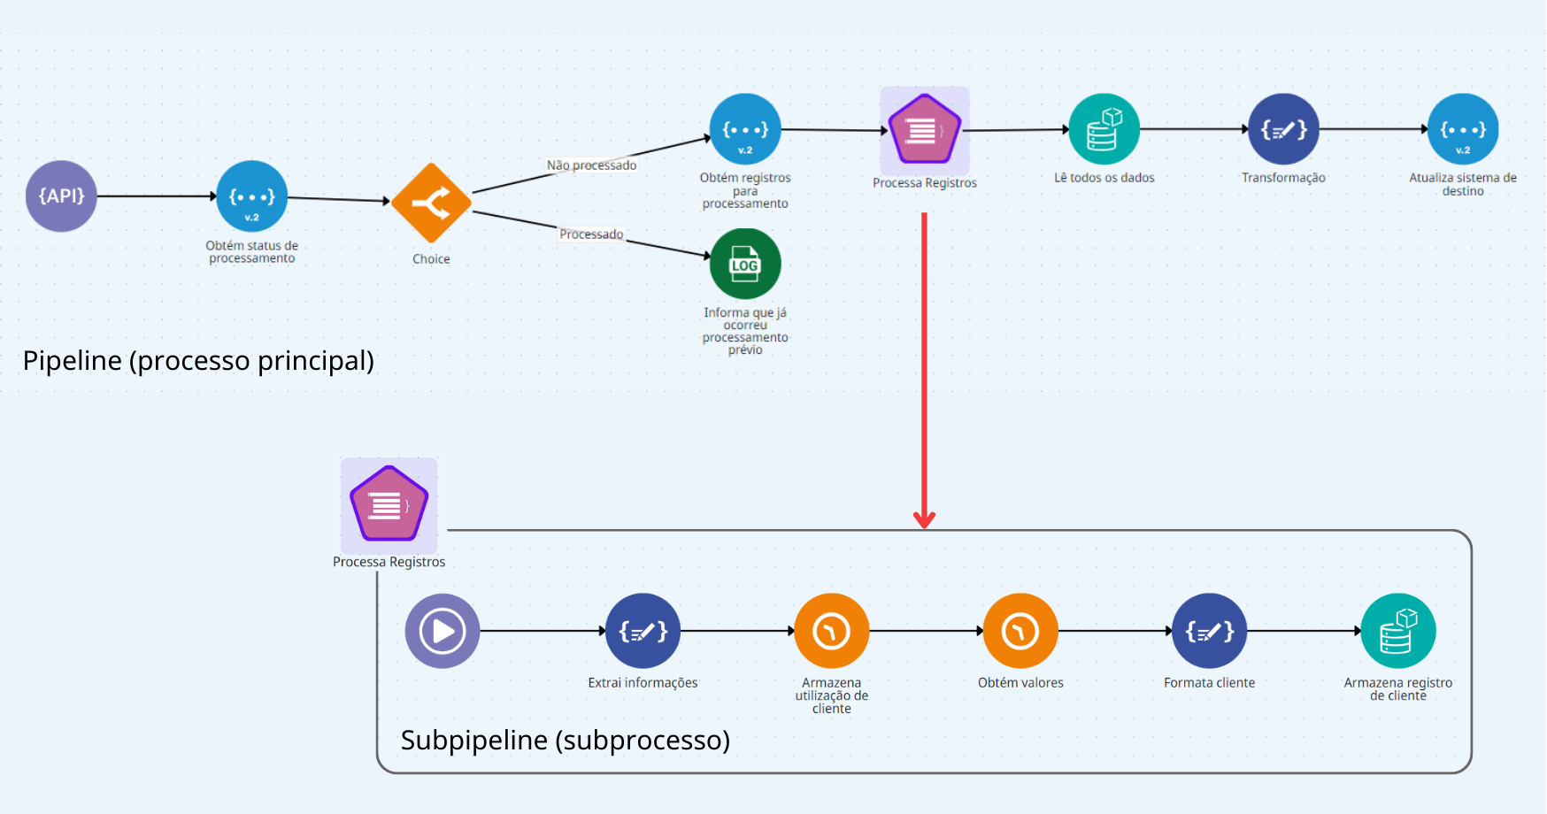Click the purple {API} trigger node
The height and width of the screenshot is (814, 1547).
pyautogui.click(x=61, y=196)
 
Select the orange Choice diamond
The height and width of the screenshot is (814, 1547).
pyautogui.click(x=431, y=203)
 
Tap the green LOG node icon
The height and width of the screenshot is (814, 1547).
pyautogui.click(x=745, y=264)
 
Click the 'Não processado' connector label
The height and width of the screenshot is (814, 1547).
pyautogui.click(x=591, y=165)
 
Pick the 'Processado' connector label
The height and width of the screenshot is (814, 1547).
pyautogui.click(x=591, y=234)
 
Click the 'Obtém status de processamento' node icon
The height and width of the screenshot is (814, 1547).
pyautogui.click(x=252, y=196)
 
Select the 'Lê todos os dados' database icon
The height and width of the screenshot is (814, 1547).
pyautogui.click(x=1104, y=129)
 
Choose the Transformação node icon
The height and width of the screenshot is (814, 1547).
pyautogui.click(x=1283, y=129)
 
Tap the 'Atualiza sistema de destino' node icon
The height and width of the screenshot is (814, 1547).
pyautogui.click(x=1463, y=129)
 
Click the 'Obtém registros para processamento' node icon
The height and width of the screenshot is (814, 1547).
pyautogui.click(x=745, y=129)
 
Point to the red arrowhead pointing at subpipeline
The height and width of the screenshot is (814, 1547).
pyautogui.click(x=924, y=519)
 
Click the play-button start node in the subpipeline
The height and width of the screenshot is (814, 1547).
pyautogui.click(x=443, y=631)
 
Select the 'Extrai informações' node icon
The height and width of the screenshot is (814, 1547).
pyautogui.click(x=643, y=631)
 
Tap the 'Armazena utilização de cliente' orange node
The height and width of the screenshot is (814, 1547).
pyautogui.click(x=832, y=631)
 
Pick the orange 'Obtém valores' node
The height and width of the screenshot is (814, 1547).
pyautogui.click(x=1020, y=631)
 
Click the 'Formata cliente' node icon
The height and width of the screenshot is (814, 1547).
pyautogui.click(x=1209, y=631)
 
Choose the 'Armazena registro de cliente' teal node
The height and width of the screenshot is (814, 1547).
pyautogui.click(x=1398, y=631)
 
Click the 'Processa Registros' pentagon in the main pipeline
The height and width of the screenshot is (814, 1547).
pyautogui.click(x=924, y=131)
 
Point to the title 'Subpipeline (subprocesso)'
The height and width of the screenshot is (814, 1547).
pyautogui.click(x=566, y=740)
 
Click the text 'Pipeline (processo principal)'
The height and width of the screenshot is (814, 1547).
pyautogui.click(x=198, y=361)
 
